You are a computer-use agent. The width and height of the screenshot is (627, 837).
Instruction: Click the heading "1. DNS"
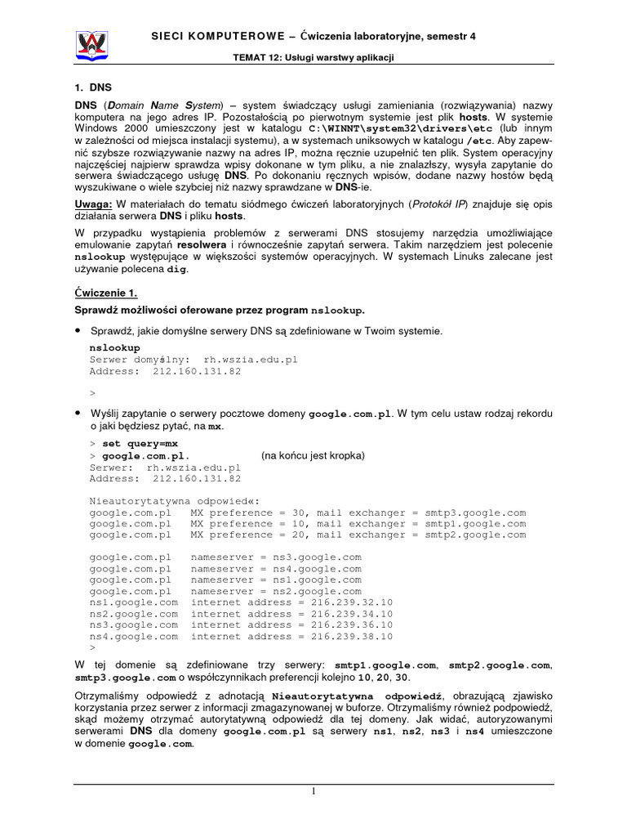91,88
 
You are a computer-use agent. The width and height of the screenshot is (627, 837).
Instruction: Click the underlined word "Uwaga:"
94,202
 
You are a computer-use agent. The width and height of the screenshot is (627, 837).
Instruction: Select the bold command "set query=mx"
140,443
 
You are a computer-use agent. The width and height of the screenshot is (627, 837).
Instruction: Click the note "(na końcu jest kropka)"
313,455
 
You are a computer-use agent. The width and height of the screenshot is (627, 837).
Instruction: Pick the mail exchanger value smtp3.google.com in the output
475,512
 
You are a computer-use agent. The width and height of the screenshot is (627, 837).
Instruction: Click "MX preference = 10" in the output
241,523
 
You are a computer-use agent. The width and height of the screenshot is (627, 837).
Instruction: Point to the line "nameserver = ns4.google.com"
275,568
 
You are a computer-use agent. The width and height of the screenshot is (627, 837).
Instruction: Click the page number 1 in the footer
313,792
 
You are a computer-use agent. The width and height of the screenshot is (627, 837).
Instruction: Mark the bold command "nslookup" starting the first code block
114,347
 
